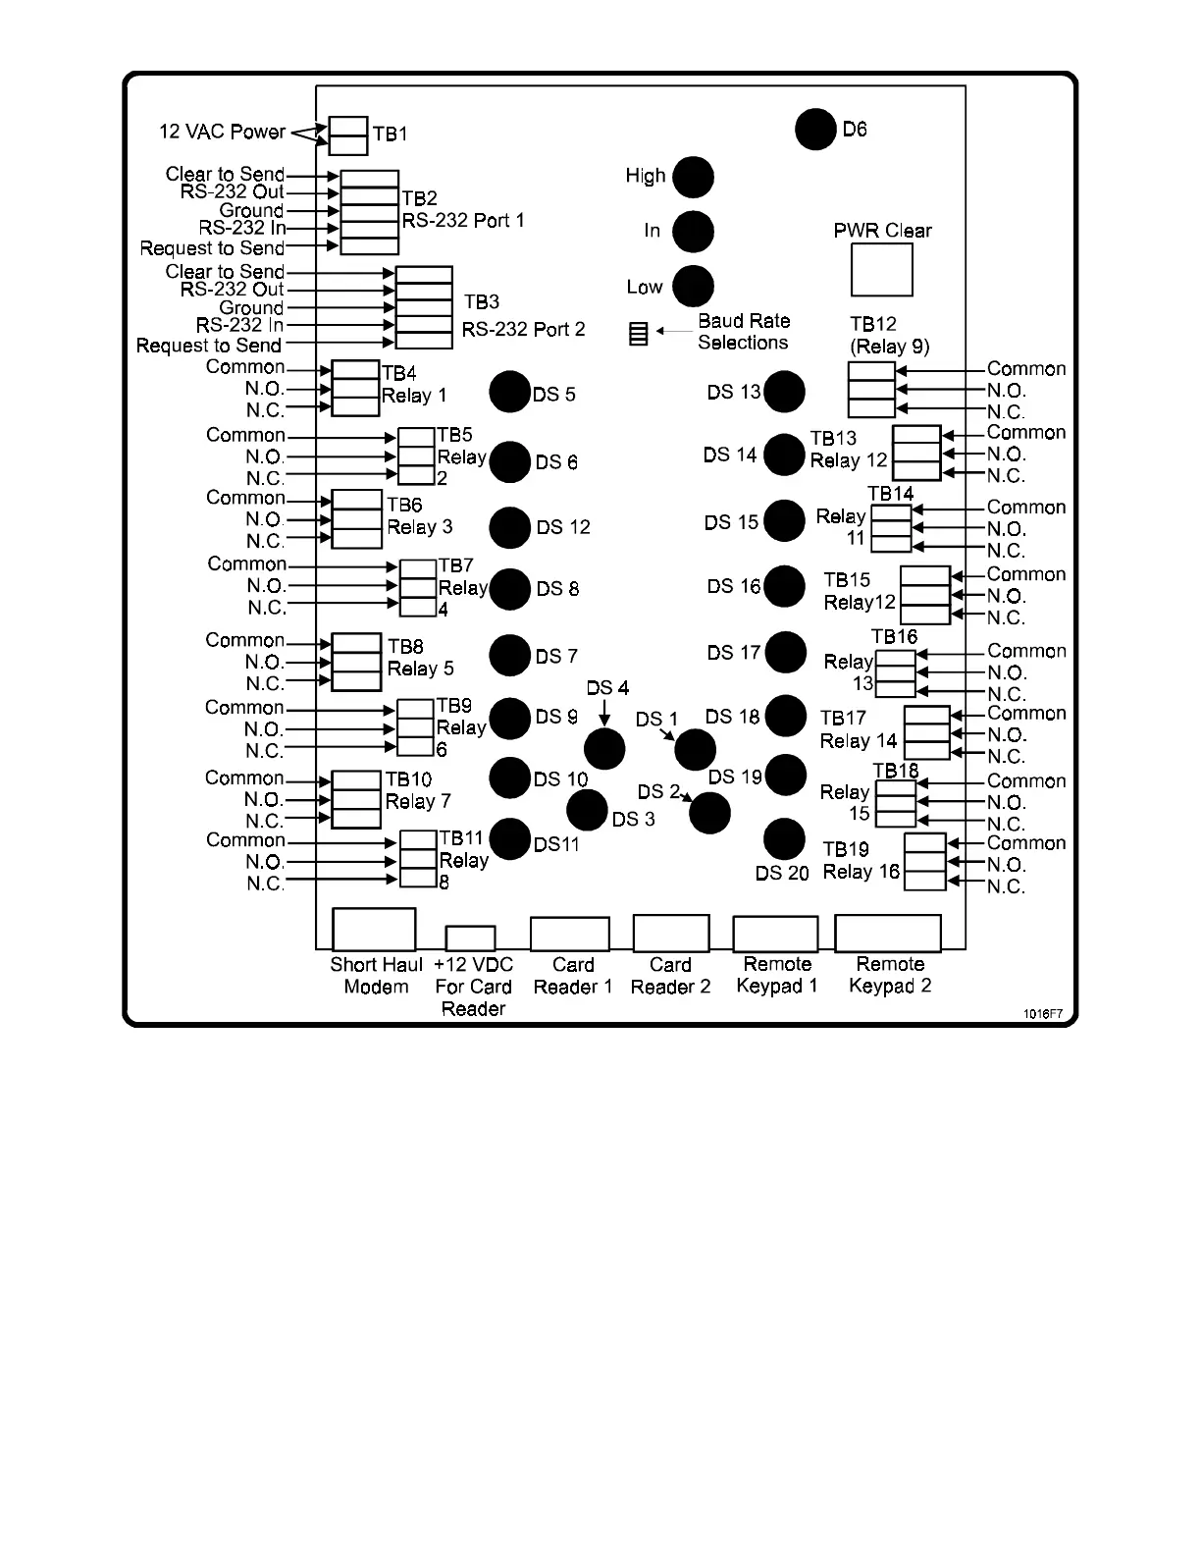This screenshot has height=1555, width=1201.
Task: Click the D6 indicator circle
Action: pyautogui.click(x=814, y=130)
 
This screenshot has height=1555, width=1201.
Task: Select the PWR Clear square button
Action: pyautogui.click(x=881, y=269)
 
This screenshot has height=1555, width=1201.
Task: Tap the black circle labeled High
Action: pyautogui.click(x=693, y=178)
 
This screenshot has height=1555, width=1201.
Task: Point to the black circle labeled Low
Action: pyautogui.click(x=693, y=287)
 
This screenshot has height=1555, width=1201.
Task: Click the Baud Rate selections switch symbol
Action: pyautogui.click(x=639, y=334)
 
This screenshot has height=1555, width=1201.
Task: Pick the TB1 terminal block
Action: pyautogui.click(x=348, y=135)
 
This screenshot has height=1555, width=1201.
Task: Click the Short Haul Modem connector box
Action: pyautogui.click(x=374, y=929)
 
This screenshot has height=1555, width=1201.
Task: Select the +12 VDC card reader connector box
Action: pyautogui.click(x=470, y=938)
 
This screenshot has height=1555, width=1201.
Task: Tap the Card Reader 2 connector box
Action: pyautogui.click(x=671, y=934)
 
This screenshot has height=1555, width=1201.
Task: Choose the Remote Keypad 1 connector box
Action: pyautogui.click(x=775, y=934)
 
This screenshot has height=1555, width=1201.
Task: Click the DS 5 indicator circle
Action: pyautogui.click(x=510, y=393)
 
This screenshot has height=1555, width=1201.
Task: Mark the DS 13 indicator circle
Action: pyautogui.click(x=784, y=392)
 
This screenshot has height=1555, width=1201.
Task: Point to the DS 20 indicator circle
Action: pyautogui.click(x=784, y=839)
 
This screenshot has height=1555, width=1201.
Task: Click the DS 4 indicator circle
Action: pyautogui.click(x=604, y=749)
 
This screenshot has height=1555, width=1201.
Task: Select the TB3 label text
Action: pyautogui.click(x=482, y=302)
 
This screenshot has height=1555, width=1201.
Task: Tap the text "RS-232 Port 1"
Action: pyautogui.click(x=463, y=221)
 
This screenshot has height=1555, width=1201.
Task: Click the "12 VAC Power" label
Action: pyautogui.click(x=223, y=132)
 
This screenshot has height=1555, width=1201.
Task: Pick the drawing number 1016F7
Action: pyautogui.click(x=1043, y=1013)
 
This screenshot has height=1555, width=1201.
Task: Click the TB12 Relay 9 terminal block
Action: pyautogui.click(x=871, y=390)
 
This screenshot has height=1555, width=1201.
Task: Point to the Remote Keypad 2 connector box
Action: pyautogui.click(x=888, y=934)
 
